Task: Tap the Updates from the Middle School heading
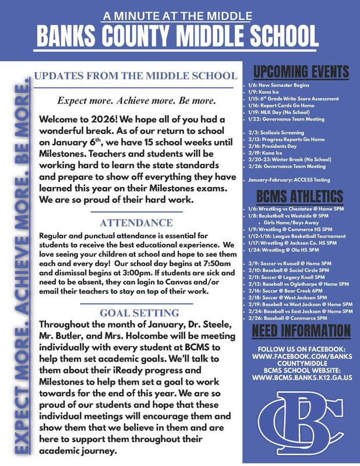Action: tap(136, 76)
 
